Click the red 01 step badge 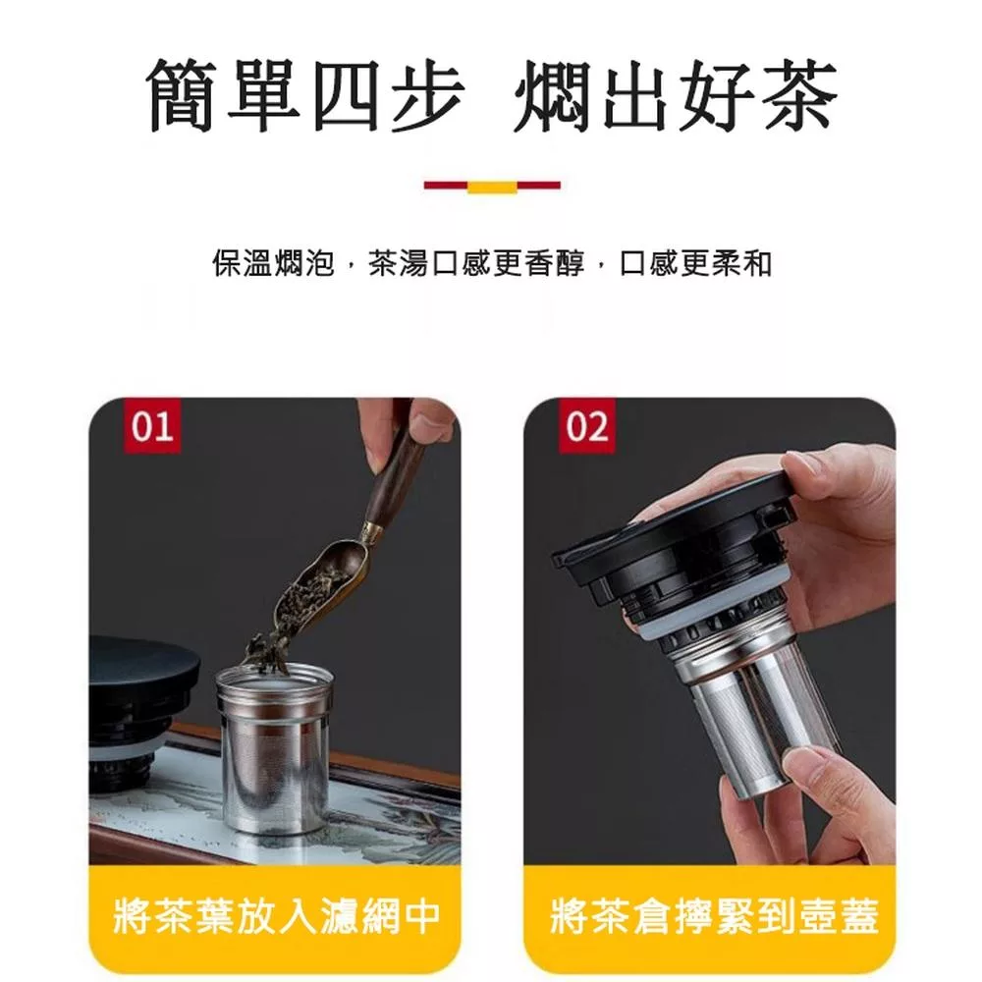pos(152,425)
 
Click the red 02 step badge pos(587,425)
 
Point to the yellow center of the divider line pos(492,186)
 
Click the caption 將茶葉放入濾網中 pos(276,915)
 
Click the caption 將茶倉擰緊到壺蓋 pos(714,915)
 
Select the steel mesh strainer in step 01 pos(274,748)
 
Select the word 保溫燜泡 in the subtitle pos(273,263)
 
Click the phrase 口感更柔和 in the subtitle pos(696,263)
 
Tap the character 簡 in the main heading pos(183,96)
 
